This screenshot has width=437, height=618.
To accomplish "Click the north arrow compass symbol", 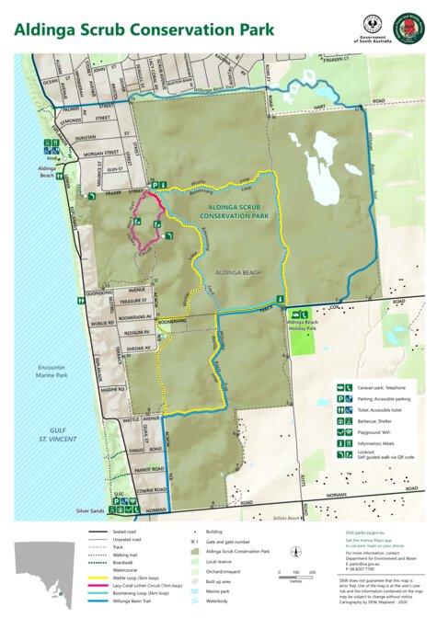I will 294,551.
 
